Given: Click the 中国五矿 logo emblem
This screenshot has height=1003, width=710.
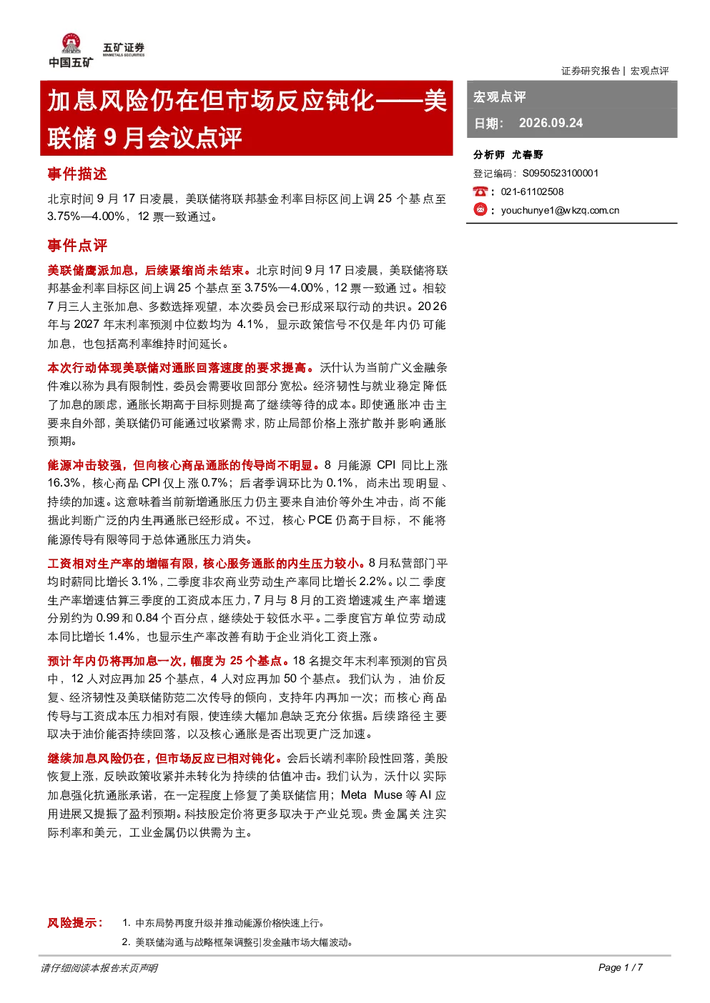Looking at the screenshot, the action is click(71, 44).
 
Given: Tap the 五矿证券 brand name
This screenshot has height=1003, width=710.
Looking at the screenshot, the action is click(124, 47).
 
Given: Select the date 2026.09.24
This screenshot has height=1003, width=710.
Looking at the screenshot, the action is click(551, 123).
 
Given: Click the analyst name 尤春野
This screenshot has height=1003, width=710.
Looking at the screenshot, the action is click(528, 155).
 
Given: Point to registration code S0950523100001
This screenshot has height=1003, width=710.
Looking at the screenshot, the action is click(561, 174).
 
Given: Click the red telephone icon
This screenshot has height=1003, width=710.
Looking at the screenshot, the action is click(480, 191).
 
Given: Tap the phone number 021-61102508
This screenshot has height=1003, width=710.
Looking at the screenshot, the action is click(532, 191).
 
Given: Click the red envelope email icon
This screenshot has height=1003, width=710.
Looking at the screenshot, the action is click(480, 209).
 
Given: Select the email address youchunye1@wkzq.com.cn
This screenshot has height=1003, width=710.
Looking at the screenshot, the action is click(560, 211).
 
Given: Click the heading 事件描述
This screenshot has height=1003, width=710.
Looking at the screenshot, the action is click(77, 174).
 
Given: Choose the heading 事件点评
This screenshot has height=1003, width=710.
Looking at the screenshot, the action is click(77, 245).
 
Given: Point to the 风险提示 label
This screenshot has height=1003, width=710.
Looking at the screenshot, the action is click(75, 923).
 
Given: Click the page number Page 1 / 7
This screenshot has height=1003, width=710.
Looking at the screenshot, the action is click(621, 967).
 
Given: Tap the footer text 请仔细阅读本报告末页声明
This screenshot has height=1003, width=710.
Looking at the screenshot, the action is click(99, 968).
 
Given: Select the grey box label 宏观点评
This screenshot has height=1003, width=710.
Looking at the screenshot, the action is click(500, 96).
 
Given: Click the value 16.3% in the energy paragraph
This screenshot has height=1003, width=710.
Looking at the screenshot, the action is click(64, 483).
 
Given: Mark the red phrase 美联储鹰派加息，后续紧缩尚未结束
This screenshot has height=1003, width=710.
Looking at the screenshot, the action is click(146, 271).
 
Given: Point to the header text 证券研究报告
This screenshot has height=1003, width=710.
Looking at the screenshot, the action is click(591, 71).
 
